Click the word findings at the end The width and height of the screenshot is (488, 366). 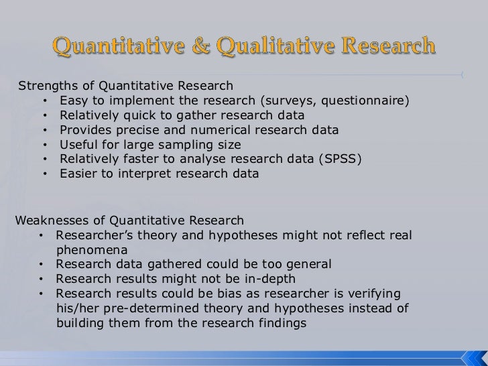pos(281,322)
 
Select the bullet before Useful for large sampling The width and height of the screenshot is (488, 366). pos(45,145)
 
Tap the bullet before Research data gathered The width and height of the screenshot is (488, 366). pos(42,264)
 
